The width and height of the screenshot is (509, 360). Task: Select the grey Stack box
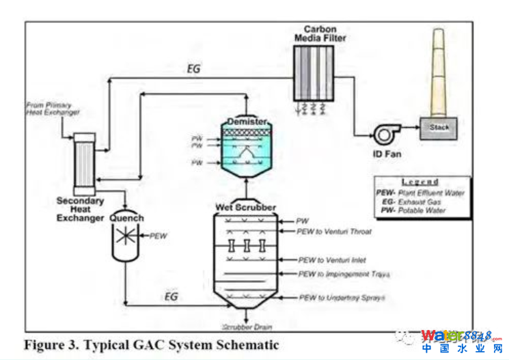click(x=439, y=128)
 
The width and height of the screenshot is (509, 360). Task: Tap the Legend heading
click(x=420, y=182)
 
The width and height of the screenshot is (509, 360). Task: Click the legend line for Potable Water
click(x=417, y=210)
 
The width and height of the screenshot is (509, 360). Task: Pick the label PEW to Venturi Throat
click(x=334, y=232)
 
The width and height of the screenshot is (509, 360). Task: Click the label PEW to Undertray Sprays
click(x=342, y=299)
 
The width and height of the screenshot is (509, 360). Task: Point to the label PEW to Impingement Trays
click(x=344, y=275)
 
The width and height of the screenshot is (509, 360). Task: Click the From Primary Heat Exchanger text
click(x=53, y=108)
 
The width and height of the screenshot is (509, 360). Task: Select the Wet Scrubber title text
click(x=247, y=207)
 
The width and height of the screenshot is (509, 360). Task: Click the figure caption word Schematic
click(x=245, y=345)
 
